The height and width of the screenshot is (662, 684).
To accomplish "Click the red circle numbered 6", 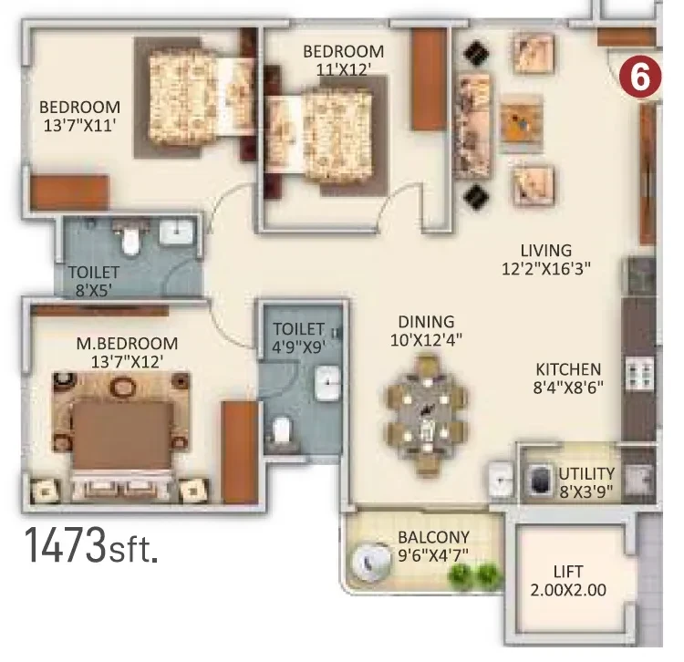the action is point(640,77).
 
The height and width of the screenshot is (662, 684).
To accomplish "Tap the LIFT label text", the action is point(568,571).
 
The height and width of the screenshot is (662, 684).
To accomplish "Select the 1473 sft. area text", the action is point(90,545).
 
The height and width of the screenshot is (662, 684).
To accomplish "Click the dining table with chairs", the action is point(426,415).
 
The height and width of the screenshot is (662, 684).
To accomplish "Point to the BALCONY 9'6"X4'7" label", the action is point(433,546).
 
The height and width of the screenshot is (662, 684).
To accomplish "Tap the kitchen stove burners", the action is point(640,373).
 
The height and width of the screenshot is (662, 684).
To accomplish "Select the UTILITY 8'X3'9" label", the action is point(586,482).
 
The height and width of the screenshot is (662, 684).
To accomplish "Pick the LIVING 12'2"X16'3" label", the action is point(545,260).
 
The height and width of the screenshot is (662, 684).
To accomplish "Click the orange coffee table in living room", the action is point(522,122).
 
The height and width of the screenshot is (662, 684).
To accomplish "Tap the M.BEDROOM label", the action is point(127,343).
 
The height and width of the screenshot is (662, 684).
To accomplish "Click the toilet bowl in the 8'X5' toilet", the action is point(130,240).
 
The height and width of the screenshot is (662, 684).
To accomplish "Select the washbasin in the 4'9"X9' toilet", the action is point(327,383).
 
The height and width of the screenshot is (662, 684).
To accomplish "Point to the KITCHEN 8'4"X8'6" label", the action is point(568,378).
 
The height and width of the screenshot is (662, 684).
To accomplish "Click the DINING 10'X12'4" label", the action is point(426,331).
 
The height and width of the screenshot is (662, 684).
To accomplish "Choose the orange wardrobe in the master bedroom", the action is point(240,452).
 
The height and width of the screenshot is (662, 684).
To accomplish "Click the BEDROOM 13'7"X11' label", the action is point(80,116).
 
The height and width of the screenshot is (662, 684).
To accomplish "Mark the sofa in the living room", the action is point(473,126).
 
